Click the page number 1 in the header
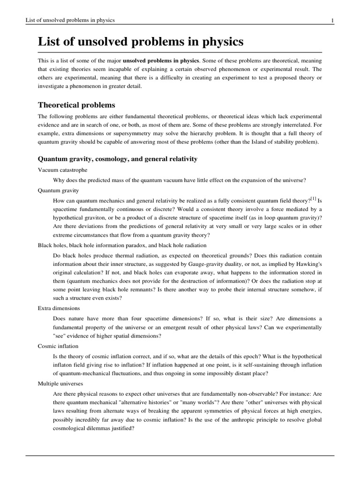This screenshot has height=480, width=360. (x=332, y=20)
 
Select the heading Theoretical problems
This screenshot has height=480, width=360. (x=76, y=105)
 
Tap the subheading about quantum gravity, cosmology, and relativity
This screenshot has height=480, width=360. (x=118, y=159)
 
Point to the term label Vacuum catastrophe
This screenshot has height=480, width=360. (x=62, y=170)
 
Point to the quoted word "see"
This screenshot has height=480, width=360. (x=60, y=336)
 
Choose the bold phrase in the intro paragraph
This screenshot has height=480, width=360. (x=161, y=60)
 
